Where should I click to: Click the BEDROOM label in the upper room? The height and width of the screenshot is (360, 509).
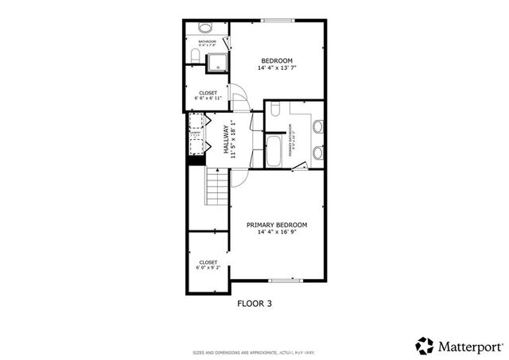277,60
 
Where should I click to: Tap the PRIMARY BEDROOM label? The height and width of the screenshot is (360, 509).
277,225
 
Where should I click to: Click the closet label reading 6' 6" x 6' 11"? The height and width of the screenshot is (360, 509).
208,97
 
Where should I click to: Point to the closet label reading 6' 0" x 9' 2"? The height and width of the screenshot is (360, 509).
208,265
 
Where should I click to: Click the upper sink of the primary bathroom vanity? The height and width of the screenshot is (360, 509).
317,126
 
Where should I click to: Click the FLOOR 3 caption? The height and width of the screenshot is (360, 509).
254,303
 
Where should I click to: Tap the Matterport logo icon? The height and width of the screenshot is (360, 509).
425,345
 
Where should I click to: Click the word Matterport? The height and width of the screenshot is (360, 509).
470,346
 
